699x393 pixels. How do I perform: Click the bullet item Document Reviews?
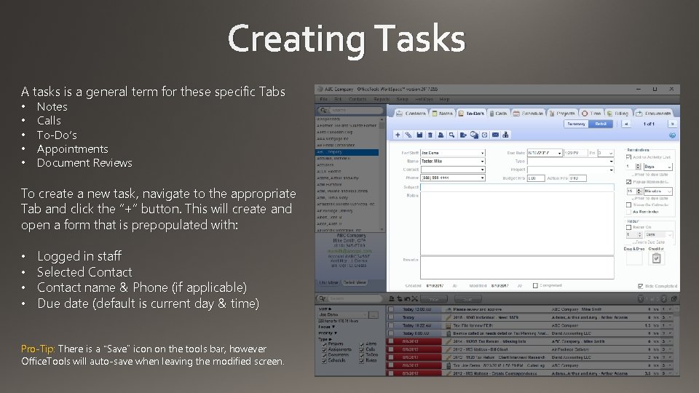pos(84,163)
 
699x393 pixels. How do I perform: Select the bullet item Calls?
pos(49,121)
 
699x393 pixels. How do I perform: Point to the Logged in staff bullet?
pos(79,256)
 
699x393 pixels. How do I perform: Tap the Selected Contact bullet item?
pos(84,272)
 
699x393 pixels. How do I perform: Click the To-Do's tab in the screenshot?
pos(471,114)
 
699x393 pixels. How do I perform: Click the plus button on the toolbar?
pos(397,135)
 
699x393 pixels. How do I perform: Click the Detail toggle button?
pos(600,124)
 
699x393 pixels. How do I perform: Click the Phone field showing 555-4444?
pos(452,178)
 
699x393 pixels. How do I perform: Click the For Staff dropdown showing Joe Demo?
pos(452,153)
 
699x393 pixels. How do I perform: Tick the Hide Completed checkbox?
pos(640,286)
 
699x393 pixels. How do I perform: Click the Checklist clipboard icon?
pos(656,258)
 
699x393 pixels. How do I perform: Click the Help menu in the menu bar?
pos(444,99)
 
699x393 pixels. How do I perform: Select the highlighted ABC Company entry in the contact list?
pos(347,153)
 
